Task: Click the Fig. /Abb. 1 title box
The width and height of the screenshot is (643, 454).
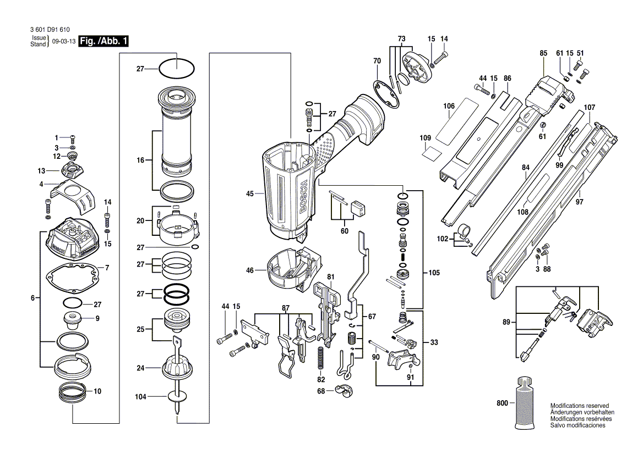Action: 104,42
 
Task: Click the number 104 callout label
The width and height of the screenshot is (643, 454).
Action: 140,396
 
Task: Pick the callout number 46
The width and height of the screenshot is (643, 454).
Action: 250,270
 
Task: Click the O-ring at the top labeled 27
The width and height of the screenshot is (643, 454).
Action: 176,69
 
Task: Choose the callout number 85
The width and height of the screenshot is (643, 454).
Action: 543,53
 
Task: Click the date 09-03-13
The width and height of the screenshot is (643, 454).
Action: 64,42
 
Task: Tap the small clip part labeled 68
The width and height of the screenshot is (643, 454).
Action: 345,392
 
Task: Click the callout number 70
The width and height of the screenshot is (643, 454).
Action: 377,60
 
